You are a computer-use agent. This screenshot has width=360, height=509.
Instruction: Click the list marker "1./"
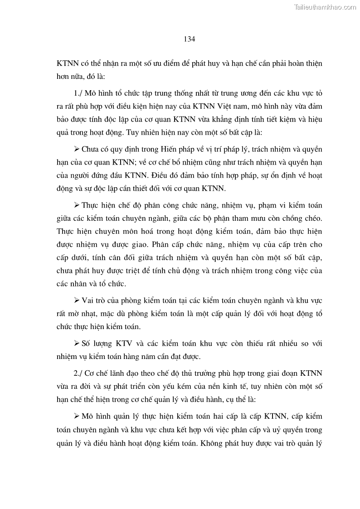tap(78, 93)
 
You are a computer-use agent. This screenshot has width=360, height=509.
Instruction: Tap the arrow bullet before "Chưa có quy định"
tap(76, 149)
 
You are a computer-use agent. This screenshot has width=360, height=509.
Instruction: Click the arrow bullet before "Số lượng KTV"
tap(76, 343)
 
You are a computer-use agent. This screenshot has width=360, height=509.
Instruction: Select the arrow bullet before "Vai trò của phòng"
tap(76, 301)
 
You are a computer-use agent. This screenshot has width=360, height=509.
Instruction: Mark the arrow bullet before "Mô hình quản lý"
tap(76, 416)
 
